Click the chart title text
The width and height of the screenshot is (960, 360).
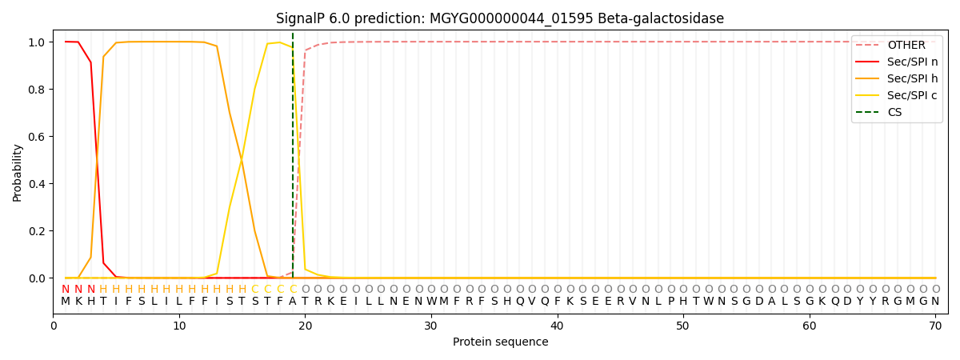coord(500,18)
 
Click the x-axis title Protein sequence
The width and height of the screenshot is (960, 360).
coord(500,342)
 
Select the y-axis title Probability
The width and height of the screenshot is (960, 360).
coord(18,172)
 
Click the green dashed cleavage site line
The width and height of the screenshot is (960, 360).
coord(293,160)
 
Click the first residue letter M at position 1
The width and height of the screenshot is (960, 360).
coord(66,302)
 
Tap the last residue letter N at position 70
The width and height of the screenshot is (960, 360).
coord(935,302)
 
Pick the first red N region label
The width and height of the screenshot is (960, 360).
coord(66,290)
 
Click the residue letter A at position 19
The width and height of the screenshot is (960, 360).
coord(293,302)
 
